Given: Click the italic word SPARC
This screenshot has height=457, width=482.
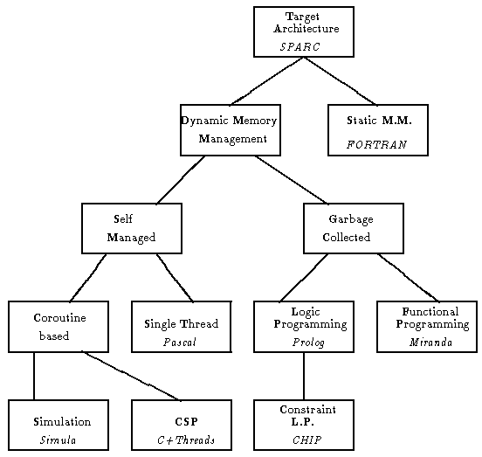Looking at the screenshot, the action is pos(300,46).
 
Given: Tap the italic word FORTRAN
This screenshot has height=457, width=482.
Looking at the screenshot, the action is pos(377,144).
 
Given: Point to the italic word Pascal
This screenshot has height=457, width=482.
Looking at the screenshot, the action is pos(180,343).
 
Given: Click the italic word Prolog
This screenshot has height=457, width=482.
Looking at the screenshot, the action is pos(308,343).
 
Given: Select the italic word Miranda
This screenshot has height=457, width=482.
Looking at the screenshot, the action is pos(430,343).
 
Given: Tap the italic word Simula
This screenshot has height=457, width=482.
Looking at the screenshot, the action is pos(58,440).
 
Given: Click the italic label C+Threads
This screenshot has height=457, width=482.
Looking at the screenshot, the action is pos(186,440).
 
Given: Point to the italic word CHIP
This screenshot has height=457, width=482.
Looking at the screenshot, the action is pos(306,440).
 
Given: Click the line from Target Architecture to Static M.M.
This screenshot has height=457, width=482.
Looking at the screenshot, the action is pos(341,81).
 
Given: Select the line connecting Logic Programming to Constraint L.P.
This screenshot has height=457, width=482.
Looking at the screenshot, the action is pos(304,376).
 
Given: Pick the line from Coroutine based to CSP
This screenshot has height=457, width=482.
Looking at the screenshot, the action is pos(131,376).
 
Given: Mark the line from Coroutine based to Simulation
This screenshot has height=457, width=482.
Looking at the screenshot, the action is pos(34,376).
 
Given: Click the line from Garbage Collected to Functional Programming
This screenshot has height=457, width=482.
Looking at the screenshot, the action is pos(409,277).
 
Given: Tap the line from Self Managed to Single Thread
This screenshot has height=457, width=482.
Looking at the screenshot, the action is pos(175,277).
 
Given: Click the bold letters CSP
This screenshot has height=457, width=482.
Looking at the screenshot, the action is pos(186,422).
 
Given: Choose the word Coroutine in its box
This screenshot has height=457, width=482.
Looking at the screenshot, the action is pos(59,318).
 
